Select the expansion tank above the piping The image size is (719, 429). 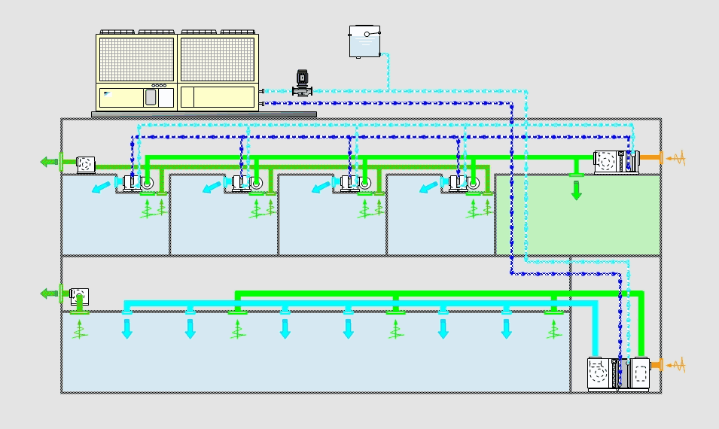click(364, 41)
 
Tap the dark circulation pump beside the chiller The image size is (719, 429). click(302, 83)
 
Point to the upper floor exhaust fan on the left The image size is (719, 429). click(85, 163)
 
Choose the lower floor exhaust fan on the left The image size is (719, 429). click(79, 296)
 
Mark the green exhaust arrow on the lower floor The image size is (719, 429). click(50, 294)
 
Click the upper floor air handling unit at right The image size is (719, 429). click(617, 162)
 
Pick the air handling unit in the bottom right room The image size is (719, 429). click(618, 374)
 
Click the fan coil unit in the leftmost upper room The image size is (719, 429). click(136, 182)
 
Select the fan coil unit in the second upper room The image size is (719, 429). click(245, 182)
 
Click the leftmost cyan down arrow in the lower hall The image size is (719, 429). click(127, 328)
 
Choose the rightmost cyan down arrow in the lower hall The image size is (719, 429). click(507, 328)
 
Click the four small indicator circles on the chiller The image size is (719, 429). click(158, 85)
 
